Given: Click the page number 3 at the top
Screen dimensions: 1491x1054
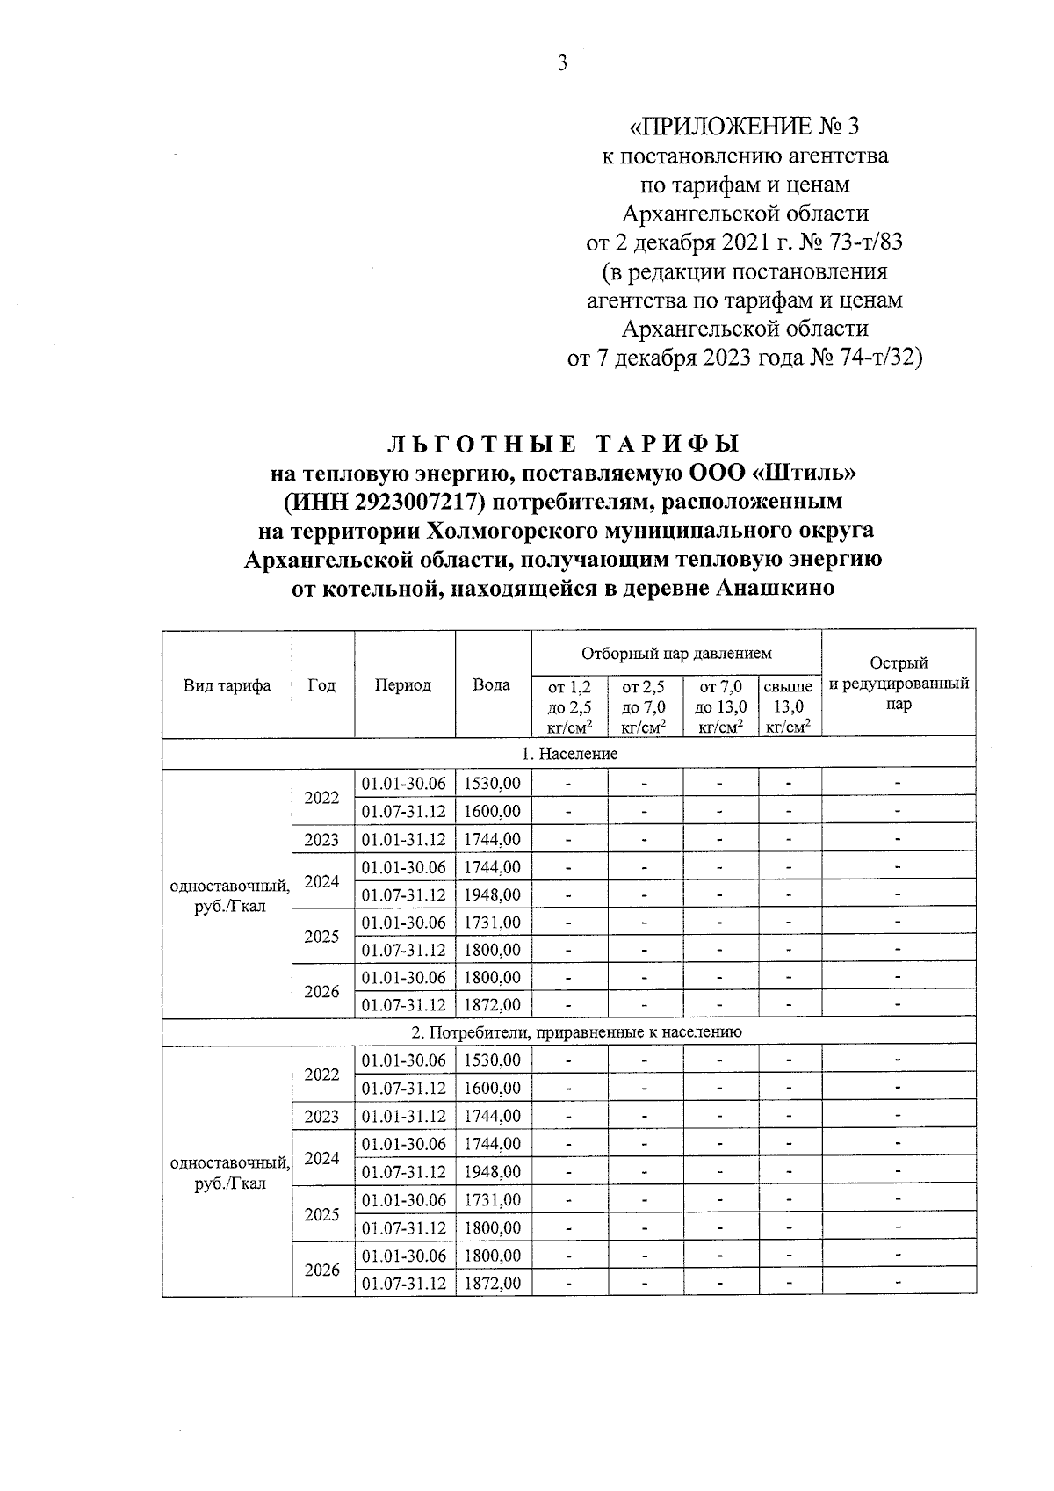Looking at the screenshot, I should [563, 62].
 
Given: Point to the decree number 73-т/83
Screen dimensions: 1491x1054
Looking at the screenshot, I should [857, 242].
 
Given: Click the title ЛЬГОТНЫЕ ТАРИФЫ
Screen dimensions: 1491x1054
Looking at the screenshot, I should [563, 444].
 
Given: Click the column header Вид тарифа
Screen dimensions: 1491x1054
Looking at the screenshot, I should [227, 685].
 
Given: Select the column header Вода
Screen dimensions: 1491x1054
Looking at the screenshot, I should [492, 685].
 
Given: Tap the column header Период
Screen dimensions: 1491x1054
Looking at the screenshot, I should [403, 685].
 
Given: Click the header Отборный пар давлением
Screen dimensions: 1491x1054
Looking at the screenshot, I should [675, 653].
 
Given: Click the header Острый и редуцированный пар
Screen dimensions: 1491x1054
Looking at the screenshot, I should [898, 684].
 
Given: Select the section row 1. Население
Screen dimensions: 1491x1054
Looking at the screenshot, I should [569, 754].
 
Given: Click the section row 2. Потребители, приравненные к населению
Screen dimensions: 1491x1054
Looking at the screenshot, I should [569, 1031].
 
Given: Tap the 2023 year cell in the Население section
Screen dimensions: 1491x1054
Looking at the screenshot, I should [321, 839].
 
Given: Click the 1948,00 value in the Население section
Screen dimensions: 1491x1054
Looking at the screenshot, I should [492, 894].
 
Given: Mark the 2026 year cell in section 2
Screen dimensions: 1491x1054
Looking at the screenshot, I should [321, 1270].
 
